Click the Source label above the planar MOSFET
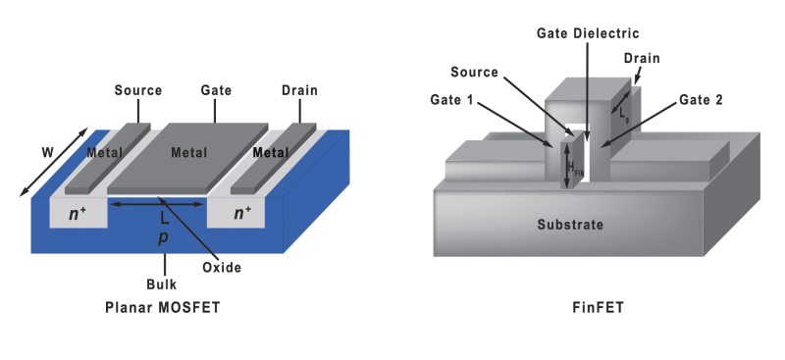(138, 90)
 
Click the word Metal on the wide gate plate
(188, 152)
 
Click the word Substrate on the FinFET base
(570, 225)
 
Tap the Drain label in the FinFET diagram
(641, 59)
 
